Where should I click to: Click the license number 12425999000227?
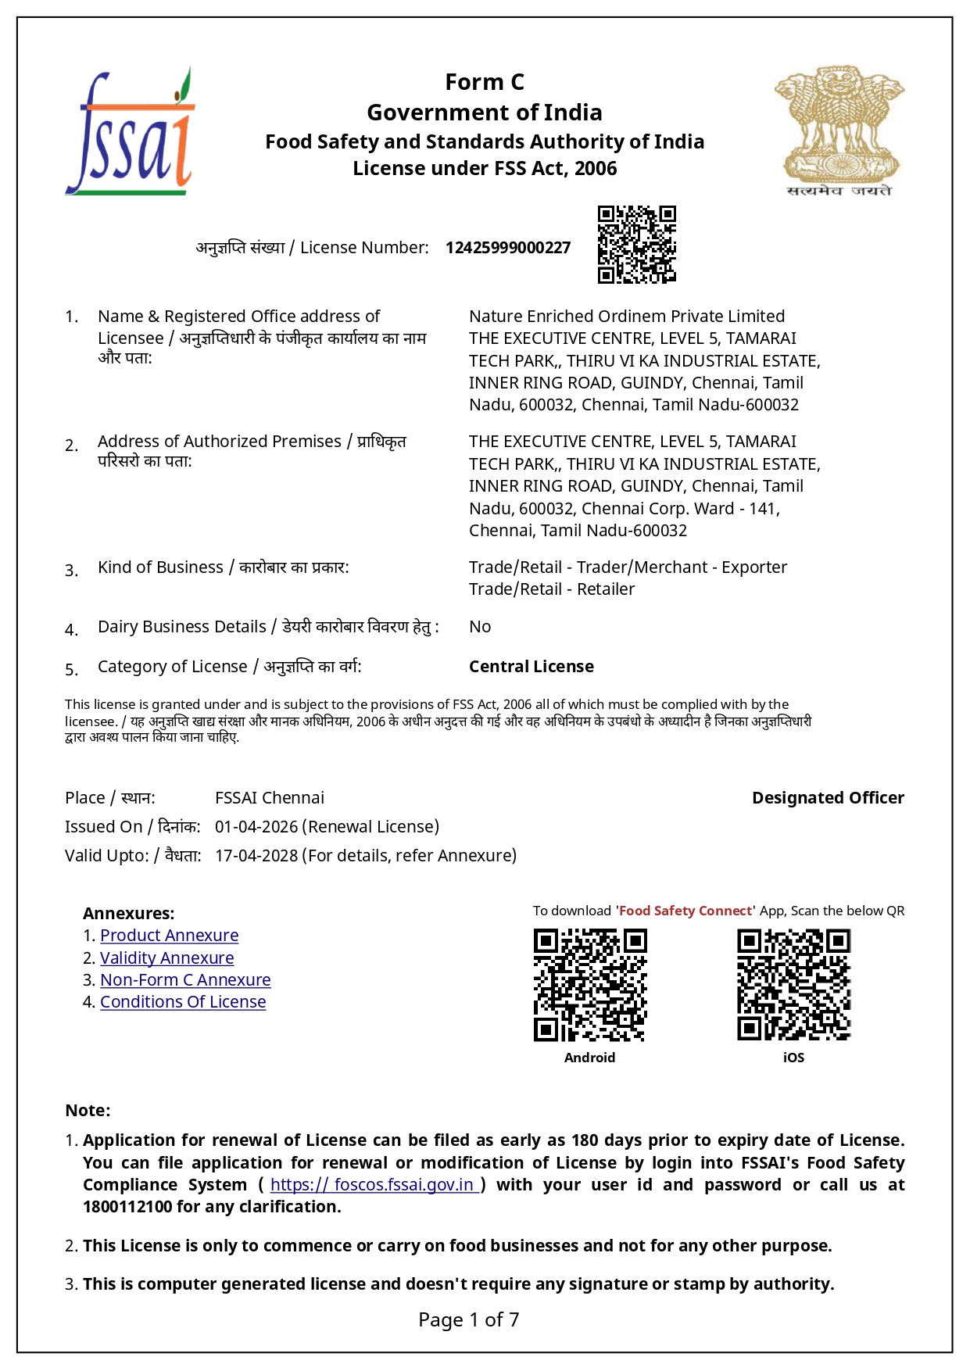click(x=508, y=248)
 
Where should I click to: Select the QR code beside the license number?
click(x=636, y=244)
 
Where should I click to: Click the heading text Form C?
click(x=485, y=82)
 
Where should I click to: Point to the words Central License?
click(x=532, y=667)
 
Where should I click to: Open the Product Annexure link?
click(x=169, y=936)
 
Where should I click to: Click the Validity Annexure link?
click(x=166, y=958)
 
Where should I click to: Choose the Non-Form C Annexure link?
click(x=185, y=980)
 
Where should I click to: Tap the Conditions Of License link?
click(x=183, y=1002)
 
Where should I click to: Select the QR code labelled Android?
click(x=590, y=985)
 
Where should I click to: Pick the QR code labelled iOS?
click(x=793, y=985)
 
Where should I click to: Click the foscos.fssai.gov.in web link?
click(x=374, y=1185)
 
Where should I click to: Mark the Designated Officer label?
click(x=828, y=798)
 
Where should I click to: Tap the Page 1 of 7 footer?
click(x=469, y=1320)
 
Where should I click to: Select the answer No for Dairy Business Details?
click(x=480, y=627)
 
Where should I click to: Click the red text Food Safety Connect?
click(x=686, y=911)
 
